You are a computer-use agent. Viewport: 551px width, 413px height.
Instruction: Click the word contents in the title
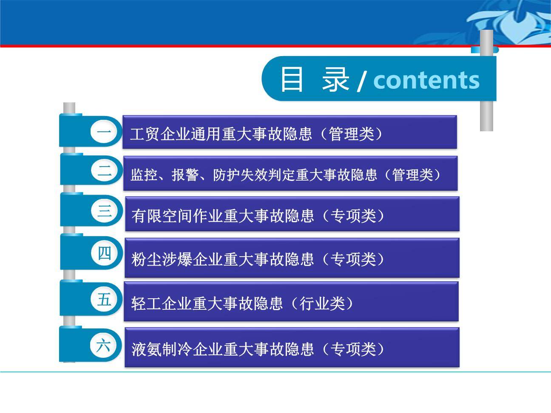pos(426,79)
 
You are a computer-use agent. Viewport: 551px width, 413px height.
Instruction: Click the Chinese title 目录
pos(314,79)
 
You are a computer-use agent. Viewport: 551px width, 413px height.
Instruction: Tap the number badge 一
pos(104,133)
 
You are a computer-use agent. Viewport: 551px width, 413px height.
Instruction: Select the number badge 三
pos(104,210)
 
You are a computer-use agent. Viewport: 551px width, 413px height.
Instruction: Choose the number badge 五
pos(104,300)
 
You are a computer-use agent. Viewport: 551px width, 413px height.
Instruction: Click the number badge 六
pos(103,345)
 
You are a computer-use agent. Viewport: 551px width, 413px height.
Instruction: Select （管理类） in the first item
pos(351,134)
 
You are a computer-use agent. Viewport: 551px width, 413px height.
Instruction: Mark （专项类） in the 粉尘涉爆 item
pos(353,259)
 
